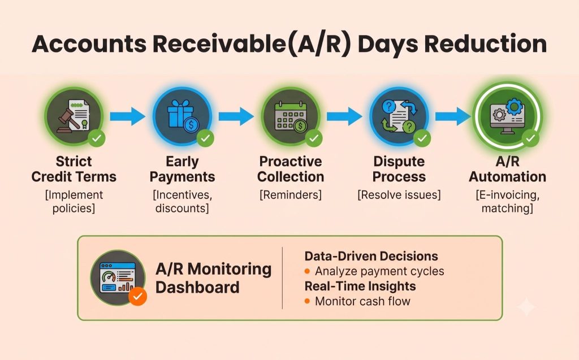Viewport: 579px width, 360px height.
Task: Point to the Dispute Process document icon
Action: [x=399, y=116]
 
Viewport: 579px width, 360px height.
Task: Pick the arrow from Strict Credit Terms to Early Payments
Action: [x=127, y=116]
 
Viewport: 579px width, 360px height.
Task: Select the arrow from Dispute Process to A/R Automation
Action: [x=453, y=116]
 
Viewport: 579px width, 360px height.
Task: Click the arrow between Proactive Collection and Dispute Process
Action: [x=344, y=116]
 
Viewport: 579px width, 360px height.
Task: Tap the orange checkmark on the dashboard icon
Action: [x=138, y=296]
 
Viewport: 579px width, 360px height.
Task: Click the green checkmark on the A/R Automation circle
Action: [x=530, y=138]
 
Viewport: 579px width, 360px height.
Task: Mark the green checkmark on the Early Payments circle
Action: [x=205, y=138]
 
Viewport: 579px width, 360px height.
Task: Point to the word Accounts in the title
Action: [x=89, y=44]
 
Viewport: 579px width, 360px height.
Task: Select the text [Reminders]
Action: [x=291, y=194]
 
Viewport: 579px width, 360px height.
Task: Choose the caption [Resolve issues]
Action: [x=399, y=194]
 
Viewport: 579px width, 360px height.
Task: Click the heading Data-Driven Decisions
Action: [x=371, y=256]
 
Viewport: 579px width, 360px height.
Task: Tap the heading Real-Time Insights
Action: [x=360, y=286]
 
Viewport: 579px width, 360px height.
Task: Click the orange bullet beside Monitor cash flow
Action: [x=307, y=301]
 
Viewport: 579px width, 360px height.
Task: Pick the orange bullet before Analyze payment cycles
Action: [x=307, y=271]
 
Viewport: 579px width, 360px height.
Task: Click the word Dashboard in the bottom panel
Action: [x=197, y=287]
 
